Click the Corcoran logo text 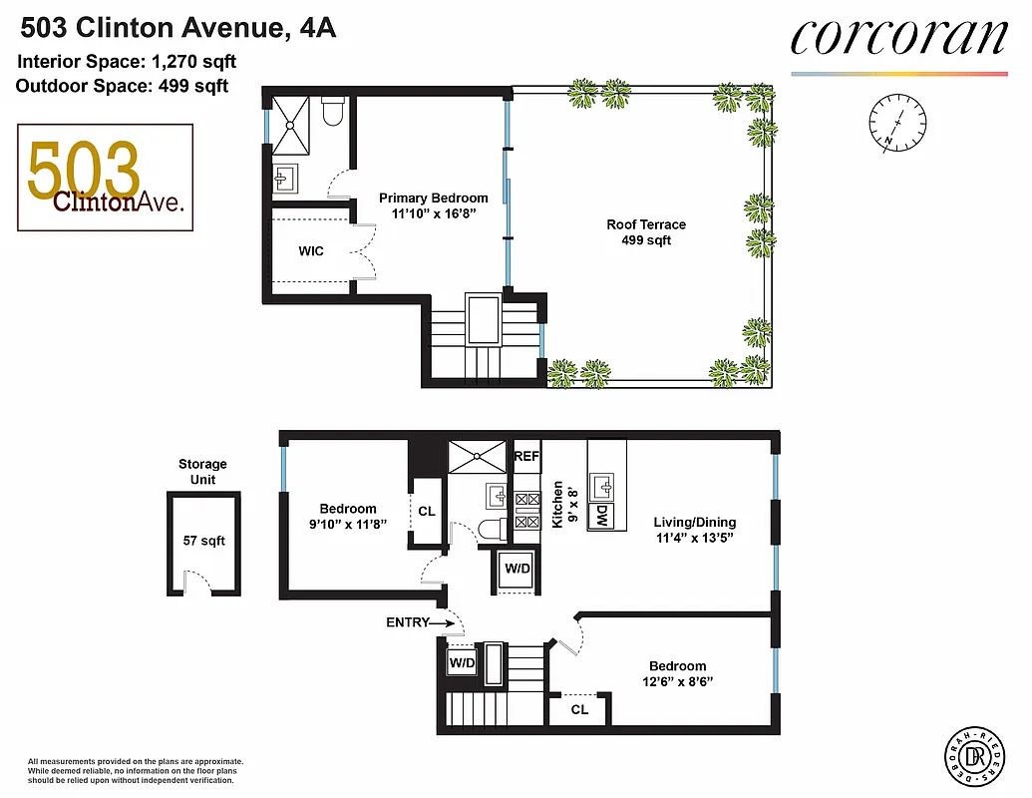897,38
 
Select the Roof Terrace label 646,224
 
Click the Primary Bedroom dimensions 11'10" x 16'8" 433,212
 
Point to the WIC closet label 311,251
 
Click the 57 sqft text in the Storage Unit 203,541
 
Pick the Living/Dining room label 694,522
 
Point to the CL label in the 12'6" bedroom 579,710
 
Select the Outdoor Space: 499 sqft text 122,86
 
